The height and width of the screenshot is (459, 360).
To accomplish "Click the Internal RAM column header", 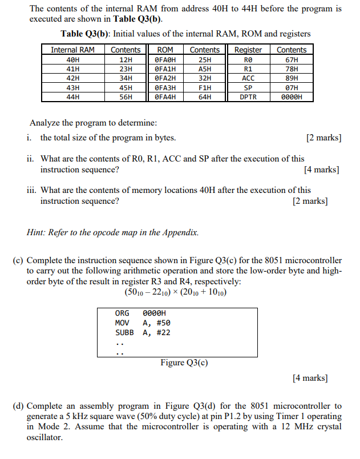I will [x=72, y=50].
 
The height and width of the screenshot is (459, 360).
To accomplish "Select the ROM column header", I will [x=165, y=50].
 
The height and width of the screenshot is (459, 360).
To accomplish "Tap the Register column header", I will [x=248, y=50].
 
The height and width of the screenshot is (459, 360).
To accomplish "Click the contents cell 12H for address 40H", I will [x=126, y=59].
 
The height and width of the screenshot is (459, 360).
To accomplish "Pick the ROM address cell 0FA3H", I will [x=165, y=88].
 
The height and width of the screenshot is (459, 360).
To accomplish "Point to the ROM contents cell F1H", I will [x=205, y=88].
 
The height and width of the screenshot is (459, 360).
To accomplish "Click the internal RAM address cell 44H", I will [x=72, y=97].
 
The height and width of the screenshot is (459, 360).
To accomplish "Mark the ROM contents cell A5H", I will [x=205, y=69].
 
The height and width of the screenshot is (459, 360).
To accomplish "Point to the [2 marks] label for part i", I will [x=323, y=138].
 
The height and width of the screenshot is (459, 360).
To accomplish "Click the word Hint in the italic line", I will [x=37, y=232].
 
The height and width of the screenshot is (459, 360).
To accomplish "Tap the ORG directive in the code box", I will [x=122, y=313].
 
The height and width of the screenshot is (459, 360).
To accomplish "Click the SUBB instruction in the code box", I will [x=124, y=332].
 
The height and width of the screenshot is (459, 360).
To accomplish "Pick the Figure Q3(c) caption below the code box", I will [x=184, y=363].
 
